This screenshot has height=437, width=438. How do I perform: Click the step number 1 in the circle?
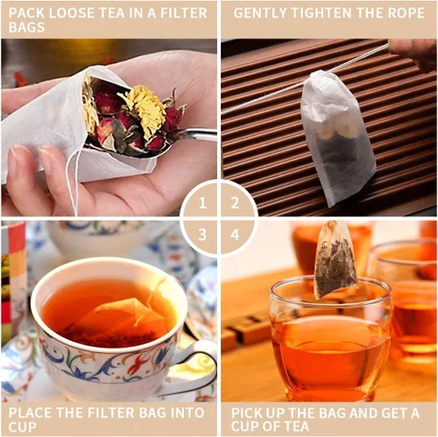pos(203,202)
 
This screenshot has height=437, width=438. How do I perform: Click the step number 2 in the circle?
pos(235,202)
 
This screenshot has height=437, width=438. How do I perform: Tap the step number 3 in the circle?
pos(203,234)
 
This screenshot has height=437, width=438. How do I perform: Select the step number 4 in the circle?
pos(235,234)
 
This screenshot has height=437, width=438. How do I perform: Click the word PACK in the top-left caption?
pos(25,13)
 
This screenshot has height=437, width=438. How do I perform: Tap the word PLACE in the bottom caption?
pos(28,409)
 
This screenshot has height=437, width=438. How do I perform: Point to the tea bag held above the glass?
pos(335,260)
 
